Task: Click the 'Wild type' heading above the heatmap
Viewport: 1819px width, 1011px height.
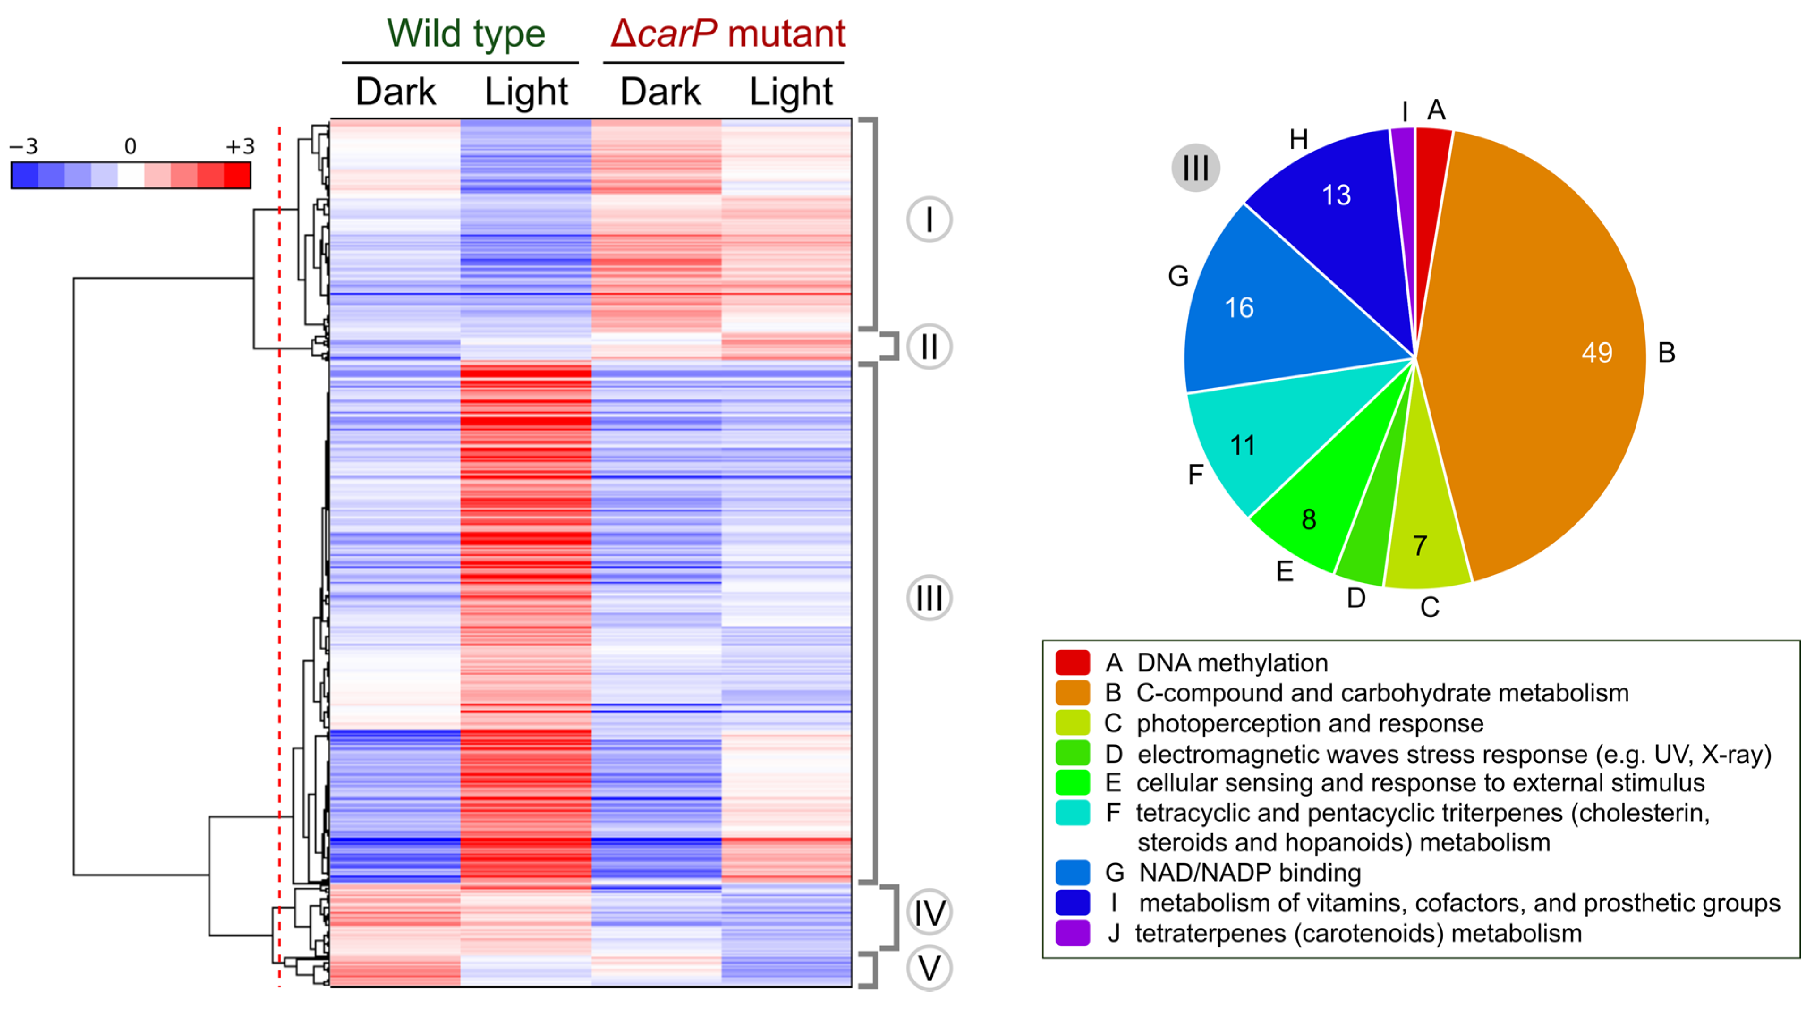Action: [x=466, y=34]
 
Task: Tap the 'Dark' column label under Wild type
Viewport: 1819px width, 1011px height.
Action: [x=396, y=92]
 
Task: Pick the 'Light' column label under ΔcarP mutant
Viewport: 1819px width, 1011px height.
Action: [x=791, y=92]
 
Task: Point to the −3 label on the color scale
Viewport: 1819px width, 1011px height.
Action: [x=23, y=147]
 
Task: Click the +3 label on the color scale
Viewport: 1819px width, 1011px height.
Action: [x=239, y=147]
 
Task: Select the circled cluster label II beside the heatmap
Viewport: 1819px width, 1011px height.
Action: [x=929, y=347]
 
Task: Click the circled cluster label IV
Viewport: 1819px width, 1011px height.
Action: [x=929, y=912]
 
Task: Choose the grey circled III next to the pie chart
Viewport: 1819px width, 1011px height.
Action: [x=1195, y=168]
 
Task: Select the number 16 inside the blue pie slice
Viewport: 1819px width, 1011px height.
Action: [x=1239, y=308]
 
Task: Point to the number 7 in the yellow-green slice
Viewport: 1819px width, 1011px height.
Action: [x=1420, y=545]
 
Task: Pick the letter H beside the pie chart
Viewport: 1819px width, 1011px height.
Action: [x=1298, y=140]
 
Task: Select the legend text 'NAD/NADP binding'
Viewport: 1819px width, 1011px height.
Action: [x=1250, y=873]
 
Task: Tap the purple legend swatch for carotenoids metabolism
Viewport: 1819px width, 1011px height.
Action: [x=1072, y=933]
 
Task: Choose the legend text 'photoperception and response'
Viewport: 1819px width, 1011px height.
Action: [x=1310, y=723]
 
